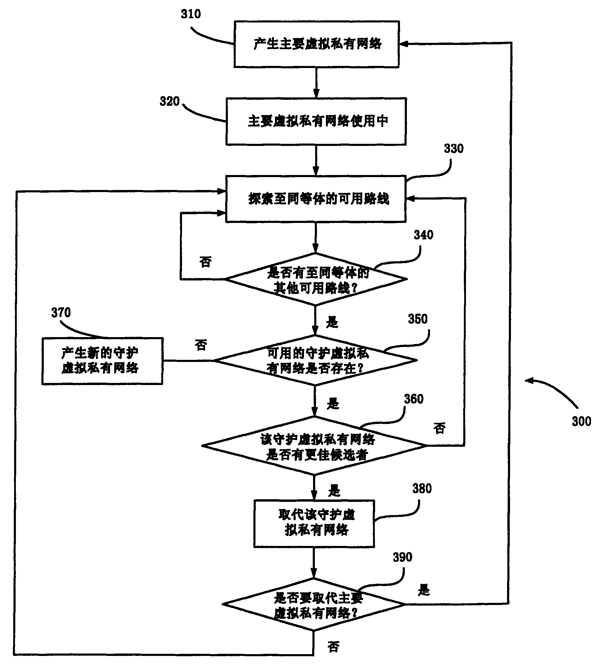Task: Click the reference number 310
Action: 190,14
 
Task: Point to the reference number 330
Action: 454,149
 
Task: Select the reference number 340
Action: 423,235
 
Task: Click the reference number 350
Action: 418,319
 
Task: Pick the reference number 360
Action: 414,399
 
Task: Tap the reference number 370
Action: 61,313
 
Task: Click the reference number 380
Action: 422,489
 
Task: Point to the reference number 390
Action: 402,557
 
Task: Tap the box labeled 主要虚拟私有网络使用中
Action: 316,122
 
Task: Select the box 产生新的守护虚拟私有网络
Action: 102,361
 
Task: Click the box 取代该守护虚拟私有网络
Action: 314,524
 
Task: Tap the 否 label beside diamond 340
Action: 205,262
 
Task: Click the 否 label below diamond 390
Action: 333,647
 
